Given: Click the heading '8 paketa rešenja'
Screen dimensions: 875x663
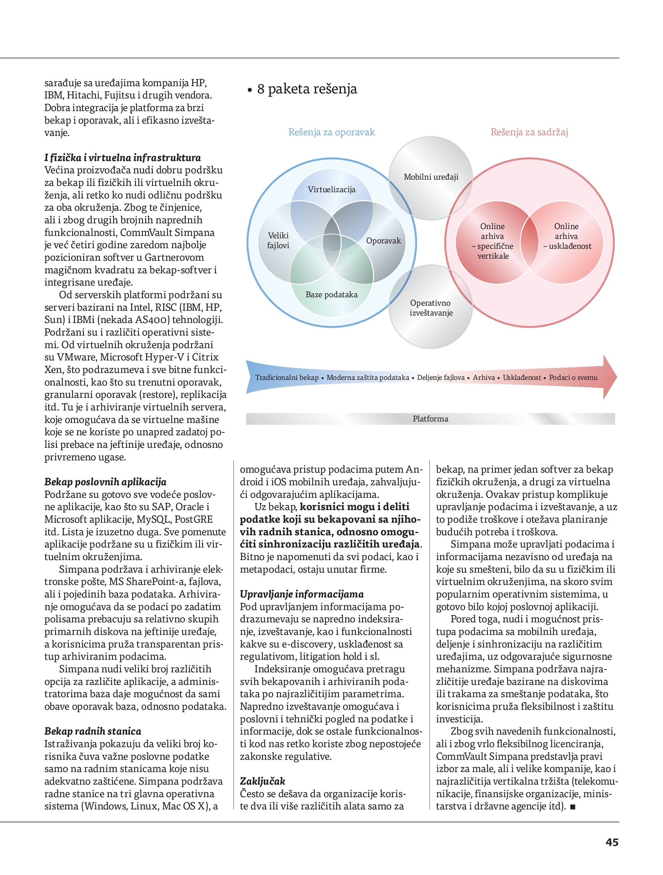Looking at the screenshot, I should (x=306, y=89).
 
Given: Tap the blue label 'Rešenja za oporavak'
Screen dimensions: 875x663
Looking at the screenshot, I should (x=331, y=132).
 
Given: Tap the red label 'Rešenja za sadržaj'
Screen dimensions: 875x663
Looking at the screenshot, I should (x=529, y=132).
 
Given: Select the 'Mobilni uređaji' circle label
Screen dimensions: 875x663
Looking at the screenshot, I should (x=431, y=177).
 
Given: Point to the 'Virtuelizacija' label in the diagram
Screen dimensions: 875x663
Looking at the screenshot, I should (x=331, y=189).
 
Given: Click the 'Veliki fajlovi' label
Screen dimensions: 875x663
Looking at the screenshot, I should (x=278, y=240).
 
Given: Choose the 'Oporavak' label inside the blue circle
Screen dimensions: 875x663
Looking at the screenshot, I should (x=383, y=240).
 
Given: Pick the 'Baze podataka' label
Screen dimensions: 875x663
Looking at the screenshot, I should (x=331, y=294).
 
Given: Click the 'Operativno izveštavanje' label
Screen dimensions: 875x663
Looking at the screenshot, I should (x=431, y=308).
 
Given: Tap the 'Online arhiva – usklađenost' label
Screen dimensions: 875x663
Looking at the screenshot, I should (x=566, y=236).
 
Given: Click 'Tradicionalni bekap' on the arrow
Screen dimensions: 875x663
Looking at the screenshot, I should (x=287, y=377).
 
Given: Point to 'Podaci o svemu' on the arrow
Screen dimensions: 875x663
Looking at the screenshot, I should (x=573, y=377).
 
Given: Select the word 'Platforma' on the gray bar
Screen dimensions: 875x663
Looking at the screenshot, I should (x=430, y=418).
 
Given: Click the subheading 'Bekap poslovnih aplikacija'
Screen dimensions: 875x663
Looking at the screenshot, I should (x=105, y=482).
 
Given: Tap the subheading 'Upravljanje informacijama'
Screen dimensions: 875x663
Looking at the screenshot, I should (x=302, y=594).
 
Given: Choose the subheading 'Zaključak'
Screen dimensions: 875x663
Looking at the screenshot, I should (x=262, y=781).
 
